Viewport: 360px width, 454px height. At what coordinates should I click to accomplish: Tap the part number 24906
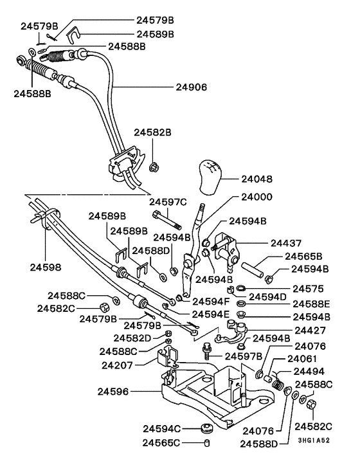pos(192,87)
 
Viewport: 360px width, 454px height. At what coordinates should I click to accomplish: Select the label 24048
pos(256,179)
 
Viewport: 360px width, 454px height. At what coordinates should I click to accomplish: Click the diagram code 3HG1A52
pos(314,440)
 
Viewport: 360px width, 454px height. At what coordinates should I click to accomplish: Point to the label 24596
pos(113,392)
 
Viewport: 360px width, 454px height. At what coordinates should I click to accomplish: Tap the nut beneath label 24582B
pos(154,167)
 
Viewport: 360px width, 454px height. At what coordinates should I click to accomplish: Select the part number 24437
pos(286,243)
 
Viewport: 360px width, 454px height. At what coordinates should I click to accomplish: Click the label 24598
pos(46,268)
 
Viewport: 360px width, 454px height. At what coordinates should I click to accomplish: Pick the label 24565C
pos(161,442)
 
